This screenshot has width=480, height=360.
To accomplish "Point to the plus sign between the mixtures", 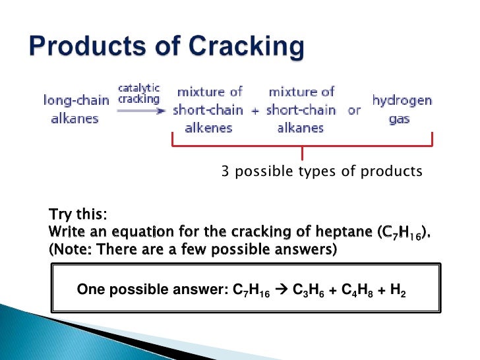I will pos(255,111).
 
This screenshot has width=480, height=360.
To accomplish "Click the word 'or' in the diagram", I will pos(355,110).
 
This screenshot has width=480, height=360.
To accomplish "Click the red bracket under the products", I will pos(302,146).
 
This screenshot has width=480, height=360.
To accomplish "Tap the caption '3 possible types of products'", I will pos(321,172).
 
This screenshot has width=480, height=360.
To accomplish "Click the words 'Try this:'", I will pos(78,216).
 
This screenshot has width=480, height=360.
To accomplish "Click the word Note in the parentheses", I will pos(69,250).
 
